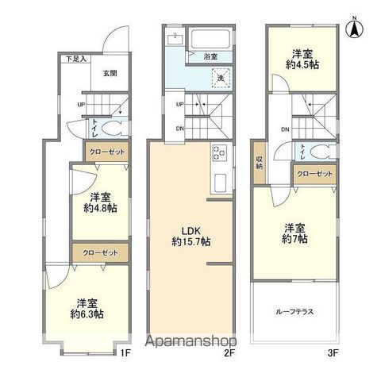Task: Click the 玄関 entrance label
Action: [x=110, y=73]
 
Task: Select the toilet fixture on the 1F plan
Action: [x=111, y=128]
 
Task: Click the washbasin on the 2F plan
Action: [x=174, y=39]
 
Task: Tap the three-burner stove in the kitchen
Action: [x=219, y=156]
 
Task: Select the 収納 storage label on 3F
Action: [x=259, y=164]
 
